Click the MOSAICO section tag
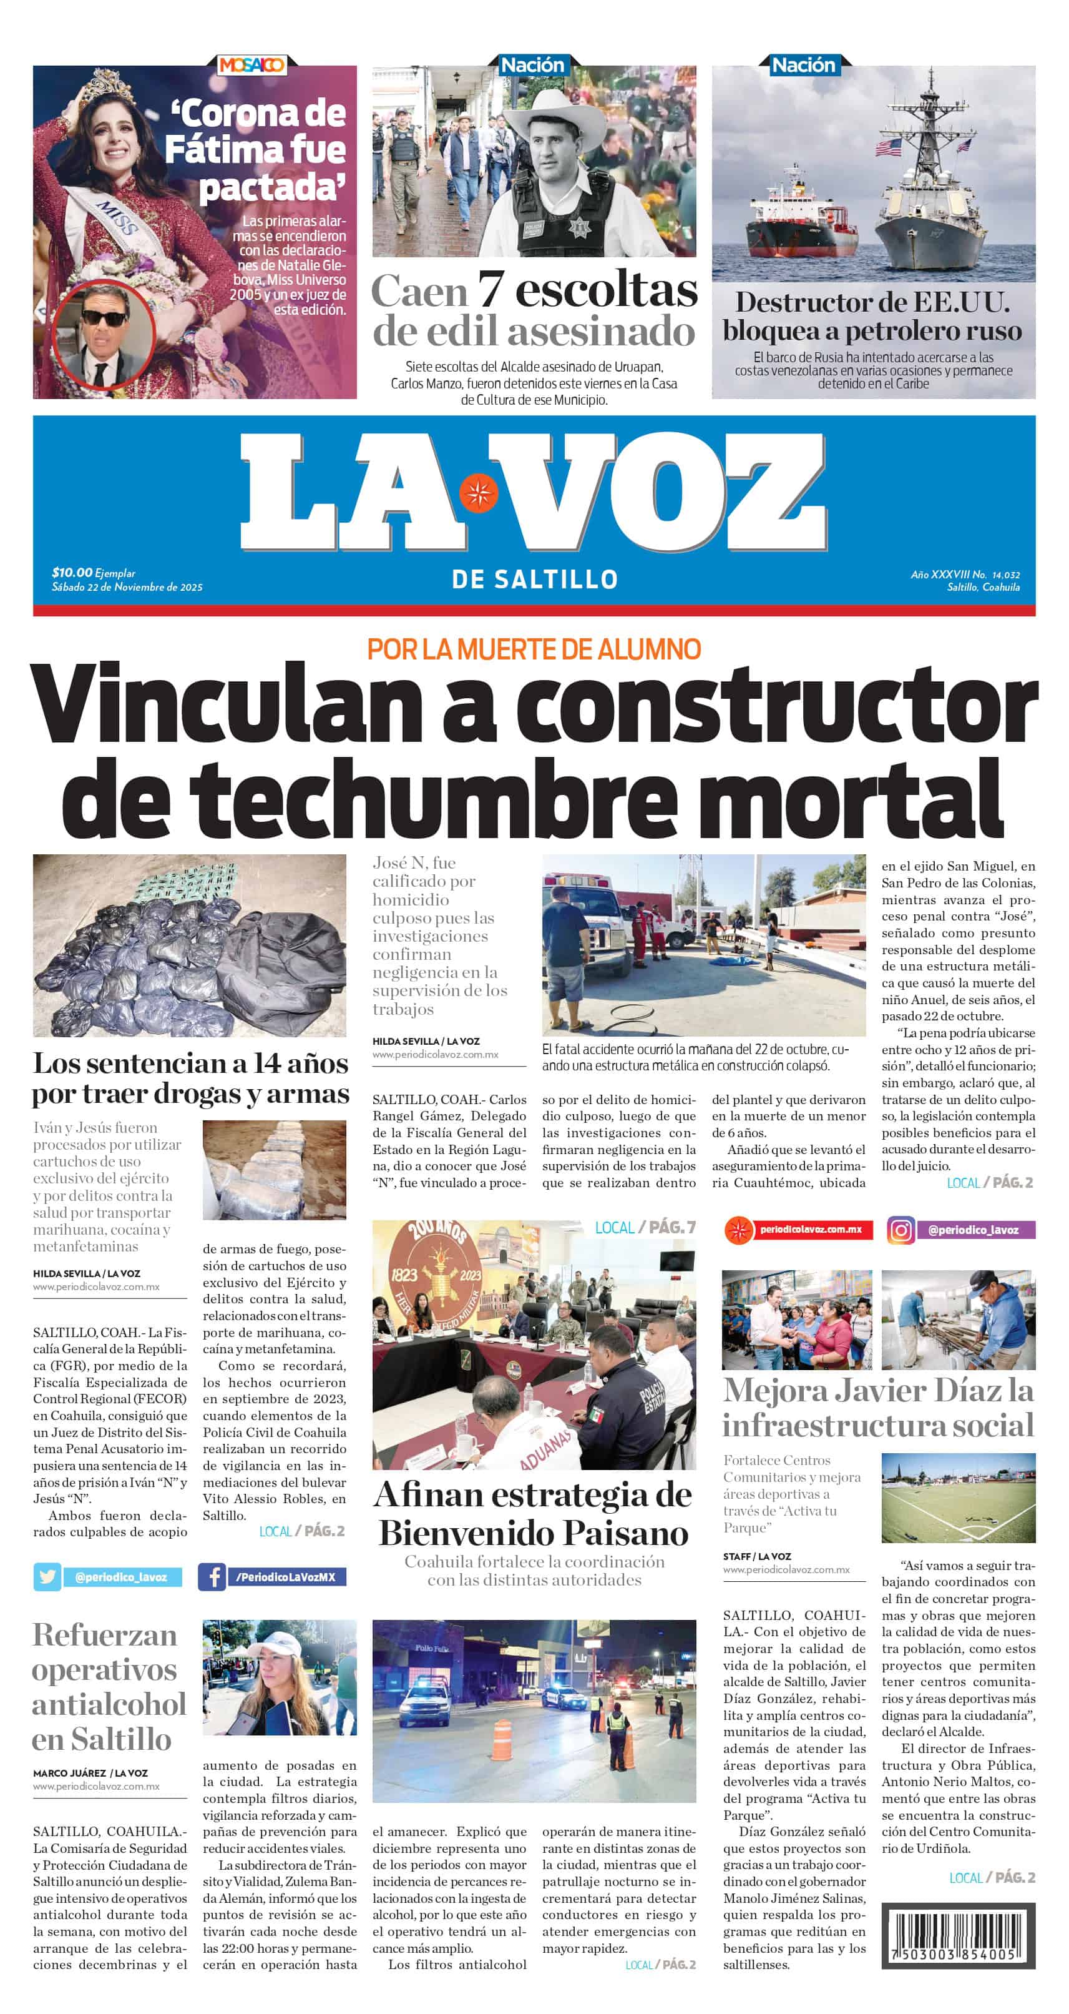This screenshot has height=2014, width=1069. click(x=251, y=65)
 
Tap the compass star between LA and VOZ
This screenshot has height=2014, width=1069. click(x=477, y=493)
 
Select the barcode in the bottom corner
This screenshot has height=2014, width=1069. click(x=957, y=1934)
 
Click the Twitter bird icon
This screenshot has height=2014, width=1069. click(x=47, y=1577)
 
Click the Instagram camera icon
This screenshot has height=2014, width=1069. click(x=901, y=1230)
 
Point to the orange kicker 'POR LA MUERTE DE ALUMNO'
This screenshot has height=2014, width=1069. click(x=534, y=649)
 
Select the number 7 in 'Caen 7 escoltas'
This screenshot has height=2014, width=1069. click(x=490, y=289)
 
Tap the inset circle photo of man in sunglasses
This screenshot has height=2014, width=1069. click(x=104, y=334)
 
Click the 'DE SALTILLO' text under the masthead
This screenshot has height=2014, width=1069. click(x=534, y=580)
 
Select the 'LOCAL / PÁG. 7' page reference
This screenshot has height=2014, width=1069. click(x=645, y=1228)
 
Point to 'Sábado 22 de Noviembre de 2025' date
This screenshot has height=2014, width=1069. click(x=127, y=587)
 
